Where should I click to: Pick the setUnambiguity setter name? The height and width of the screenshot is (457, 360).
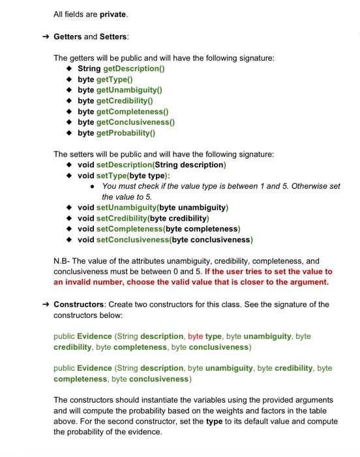[130, 208]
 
